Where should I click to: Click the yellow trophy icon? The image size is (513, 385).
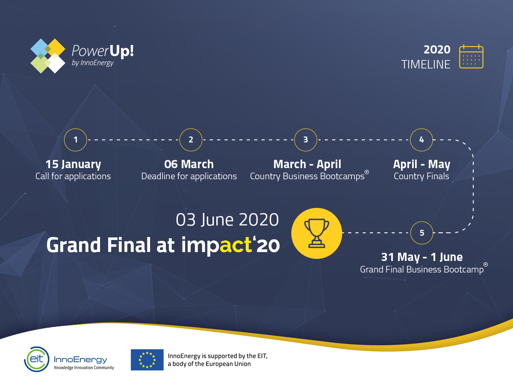(x=317, y=233)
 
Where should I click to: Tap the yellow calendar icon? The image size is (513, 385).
(x=471, y=56)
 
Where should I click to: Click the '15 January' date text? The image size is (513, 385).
(x=73, y=164)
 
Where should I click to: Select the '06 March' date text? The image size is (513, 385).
(x=189, y=164)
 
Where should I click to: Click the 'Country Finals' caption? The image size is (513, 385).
(x=422, y=176)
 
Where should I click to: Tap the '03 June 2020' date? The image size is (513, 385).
(x=227, y=220)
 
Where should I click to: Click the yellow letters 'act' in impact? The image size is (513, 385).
(x=236, y=245)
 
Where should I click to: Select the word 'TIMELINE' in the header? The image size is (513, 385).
(x=426, y=65)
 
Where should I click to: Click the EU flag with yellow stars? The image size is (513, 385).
(x=147, y=360)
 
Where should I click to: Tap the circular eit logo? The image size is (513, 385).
(x=37, y=359)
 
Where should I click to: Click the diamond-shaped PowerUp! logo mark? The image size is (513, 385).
(x=48, y=56)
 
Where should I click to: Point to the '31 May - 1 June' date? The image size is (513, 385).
(x=422, y=257)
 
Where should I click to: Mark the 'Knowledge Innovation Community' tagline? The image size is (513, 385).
(x=84, y=368)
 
